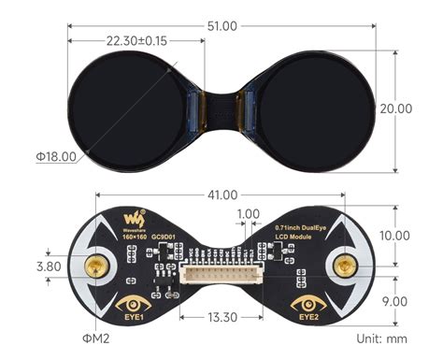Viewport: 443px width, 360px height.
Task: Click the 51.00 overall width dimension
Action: [222, 25]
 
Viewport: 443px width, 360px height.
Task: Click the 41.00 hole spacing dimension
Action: [221, 196]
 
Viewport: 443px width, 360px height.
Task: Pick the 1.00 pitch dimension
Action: [249, 214]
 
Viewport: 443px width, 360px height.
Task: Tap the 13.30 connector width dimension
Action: [221, 318]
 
